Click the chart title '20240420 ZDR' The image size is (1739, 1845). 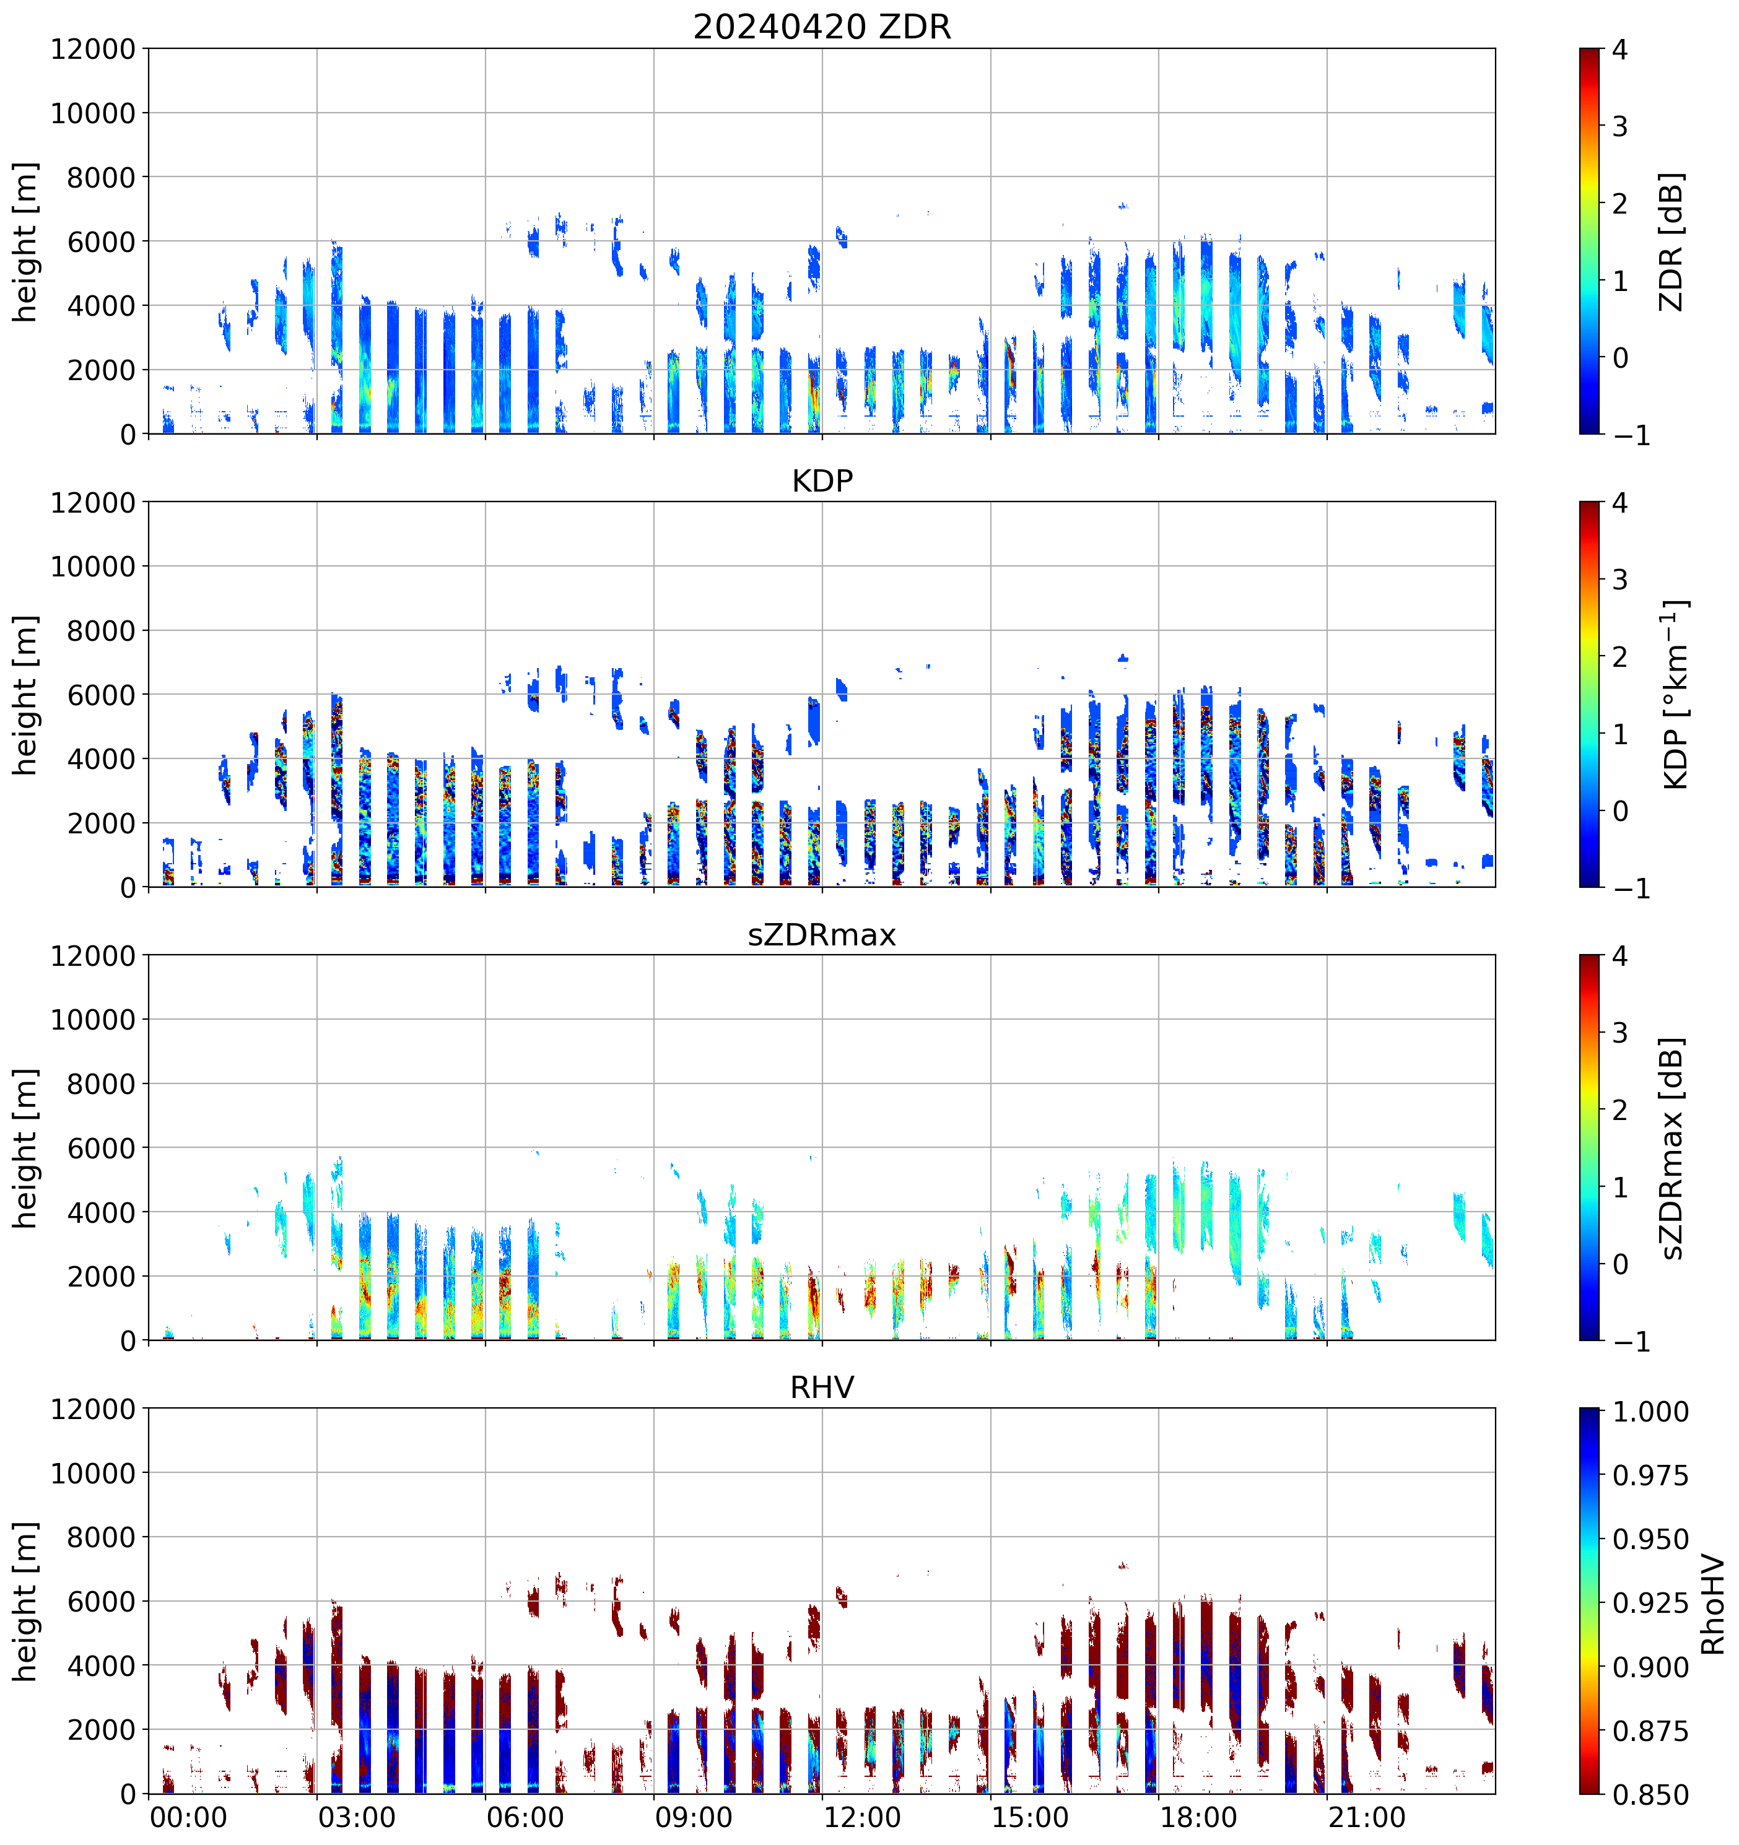coord(822,27)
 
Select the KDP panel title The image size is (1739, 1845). coord(822,480)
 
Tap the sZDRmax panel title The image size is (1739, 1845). coord(822,934)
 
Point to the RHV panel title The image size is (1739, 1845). coord(822,1387)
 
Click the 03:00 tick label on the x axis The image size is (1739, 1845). coord(357,1817)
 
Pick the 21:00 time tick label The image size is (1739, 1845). coord(1367,1817)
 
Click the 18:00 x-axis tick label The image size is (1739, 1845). coord(1198,1817)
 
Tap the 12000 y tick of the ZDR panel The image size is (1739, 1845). coord(93,49)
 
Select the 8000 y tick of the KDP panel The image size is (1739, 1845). coord(101,631)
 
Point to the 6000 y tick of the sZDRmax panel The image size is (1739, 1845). coord(101,1148)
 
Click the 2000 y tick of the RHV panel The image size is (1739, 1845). coord(101,1730)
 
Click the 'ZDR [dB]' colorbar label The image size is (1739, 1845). coord(1670,241)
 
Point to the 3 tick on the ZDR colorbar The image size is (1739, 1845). coord(1620,126)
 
